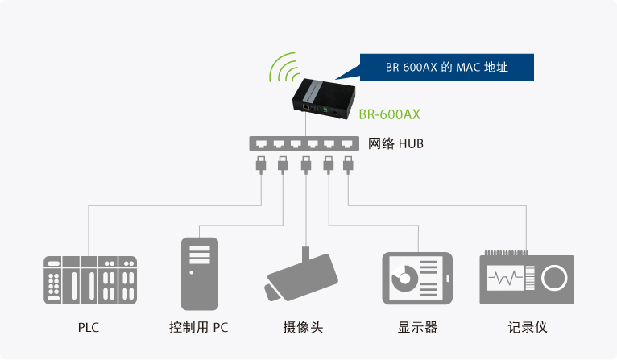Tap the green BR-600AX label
(x=390, y=114)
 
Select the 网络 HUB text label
(x=395, y=144)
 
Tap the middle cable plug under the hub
(x=305, y=165)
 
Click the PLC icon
(x=89, y=279)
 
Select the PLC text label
(x=89, y=328)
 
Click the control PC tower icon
(x=199, y=274)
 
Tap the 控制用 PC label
(x=199, y=328)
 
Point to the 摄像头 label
(x=303, y=328)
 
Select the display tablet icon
(x=417, y=279)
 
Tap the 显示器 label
(x=417, y=328)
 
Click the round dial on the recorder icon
(x=553, y=279)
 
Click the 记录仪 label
(x=528, y=328)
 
